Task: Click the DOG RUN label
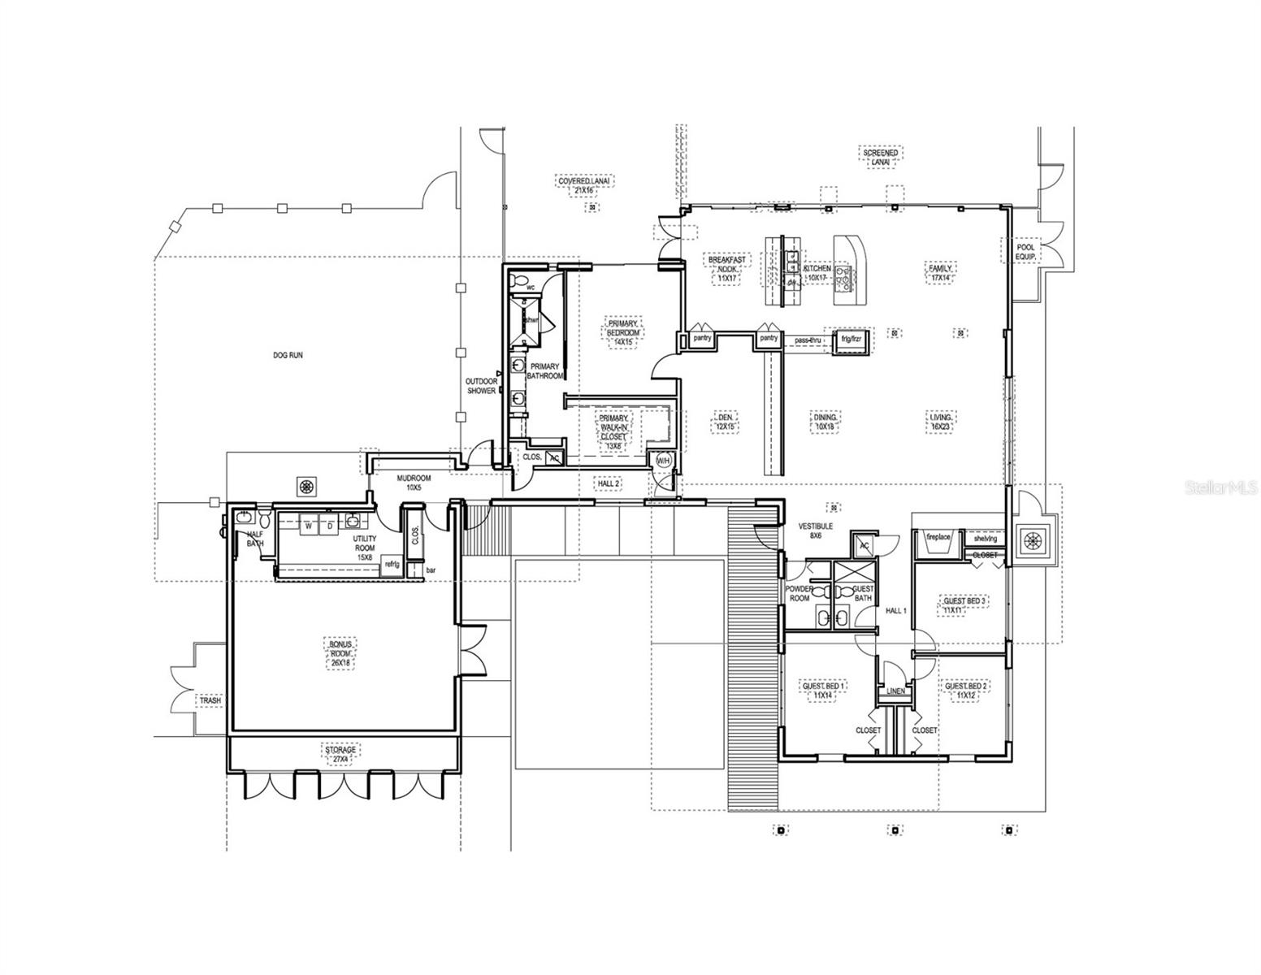tap(288, 355)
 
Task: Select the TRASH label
tap(210, 700)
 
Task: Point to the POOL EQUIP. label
tap(1022, 253)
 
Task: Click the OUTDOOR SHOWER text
tap(481, 386)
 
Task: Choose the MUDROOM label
tap(414, 483)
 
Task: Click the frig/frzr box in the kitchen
tap(851, 340)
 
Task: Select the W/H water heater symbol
tap(662, 460)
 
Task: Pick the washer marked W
tap(309, 526)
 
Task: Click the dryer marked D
tap(330, 526)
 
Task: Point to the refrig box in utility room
tap(392, 564)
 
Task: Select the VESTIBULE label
tap(817, 531)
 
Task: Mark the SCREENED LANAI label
tap(880, 157)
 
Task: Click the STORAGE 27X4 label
tap(340, 754)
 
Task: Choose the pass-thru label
tap(808, 340)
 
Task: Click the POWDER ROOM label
tap(797, 593)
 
